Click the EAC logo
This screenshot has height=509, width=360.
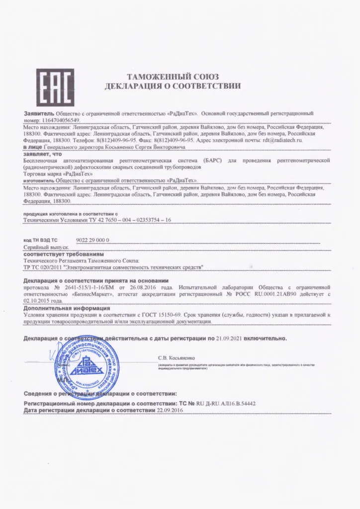click(55, 87)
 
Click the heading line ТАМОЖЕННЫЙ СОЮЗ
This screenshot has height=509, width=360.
click(173, 77)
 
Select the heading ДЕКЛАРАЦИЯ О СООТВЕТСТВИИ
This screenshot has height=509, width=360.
click(173, 86)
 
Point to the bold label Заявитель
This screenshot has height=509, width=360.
click(35, 114)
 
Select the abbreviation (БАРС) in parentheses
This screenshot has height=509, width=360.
click(212, 161)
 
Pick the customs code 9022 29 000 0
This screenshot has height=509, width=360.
click(93, 240)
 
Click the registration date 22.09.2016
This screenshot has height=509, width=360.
click(170, 411)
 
